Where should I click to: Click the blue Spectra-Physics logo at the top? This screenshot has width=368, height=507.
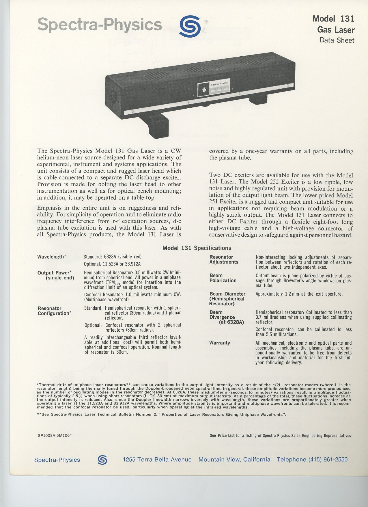[x=190, y=26]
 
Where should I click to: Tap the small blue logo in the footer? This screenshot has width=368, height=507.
[x=102, y=460]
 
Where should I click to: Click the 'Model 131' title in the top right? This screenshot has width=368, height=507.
[x=333, y=19]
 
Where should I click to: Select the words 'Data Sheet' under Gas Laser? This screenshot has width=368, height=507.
[x=337, y=40]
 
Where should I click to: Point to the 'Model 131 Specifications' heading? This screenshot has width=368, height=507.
[x=197, y=248]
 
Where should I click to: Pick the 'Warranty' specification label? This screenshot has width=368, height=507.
[x=219, y=343]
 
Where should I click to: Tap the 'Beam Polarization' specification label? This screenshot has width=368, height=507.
[x=223, y=278]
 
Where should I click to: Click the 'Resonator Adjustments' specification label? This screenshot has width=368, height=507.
[x=224, y=259]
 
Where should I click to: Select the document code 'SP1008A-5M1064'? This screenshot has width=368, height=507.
[x=55, y=435]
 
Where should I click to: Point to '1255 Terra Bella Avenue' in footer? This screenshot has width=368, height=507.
[x=157, y=459]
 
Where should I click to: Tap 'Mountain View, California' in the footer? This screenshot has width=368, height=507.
[x=234, y=459]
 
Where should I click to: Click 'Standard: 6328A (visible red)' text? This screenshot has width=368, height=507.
[x=112, y=257]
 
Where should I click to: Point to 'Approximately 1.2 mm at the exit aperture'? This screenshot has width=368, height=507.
[x=299, y=294]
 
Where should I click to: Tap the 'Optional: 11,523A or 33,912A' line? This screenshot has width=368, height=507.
[x=112, y=264]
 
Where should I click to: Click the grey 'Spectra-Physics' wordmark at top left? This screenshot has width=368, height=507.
[x=100, y=25]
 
